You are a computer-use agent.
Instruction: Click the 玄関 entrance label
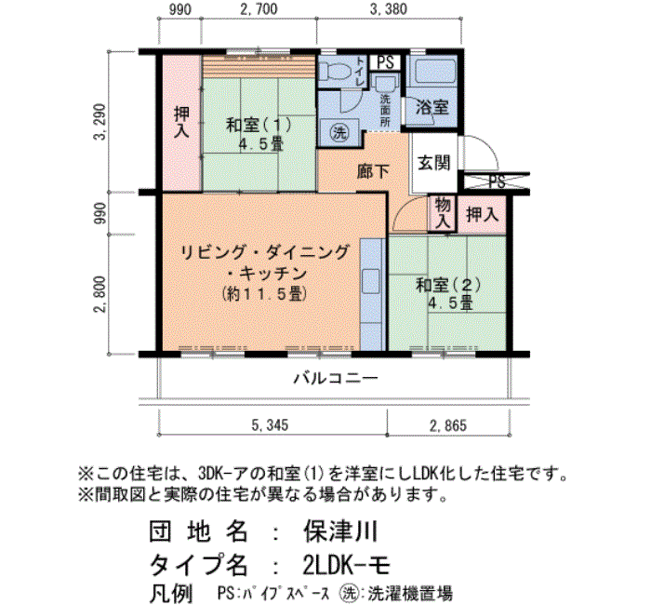click(433, 162)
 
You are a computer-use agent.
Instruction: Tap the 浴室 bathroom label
click(432, 108)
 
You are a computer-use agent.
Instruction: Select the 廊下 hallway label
click(373, 171)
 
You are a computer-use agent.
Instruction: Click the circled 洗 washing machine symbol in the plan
click(339, 133)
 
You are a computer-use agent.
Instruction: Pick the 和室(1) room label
click(259, 125)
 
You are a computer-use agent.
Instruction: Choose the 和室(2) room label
click(449, 286)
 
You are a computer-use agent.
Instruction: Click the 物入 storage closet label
click(442, 212)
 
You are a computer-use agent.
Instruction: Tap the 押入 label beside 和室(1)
click(182, 122)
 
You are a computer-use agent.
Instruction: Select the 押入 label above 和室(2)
click(482, 214)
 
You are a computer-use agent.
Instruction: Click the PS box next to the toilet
click(385, 62)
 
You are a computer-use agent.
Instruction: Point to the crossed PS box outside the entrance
click(496, 181)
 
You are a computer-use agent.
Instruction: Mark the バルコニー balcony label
click(337, 378)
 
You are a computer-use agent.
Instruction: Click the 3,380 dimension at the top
click(389, 9)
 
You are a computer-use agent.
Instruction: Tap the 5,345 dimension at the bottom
click(270, 425)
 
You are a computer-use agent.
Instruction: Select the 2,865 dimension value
click(448, 425)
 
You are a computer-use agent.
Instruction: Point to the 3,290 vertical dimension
click(100, 122)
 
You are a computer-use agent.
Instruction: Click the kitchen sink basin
click(371, 281)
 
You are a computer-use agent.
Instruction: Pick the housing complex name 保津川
click(340, 531)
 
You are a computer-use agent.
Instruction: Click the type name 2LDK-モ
click(347, 565)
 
